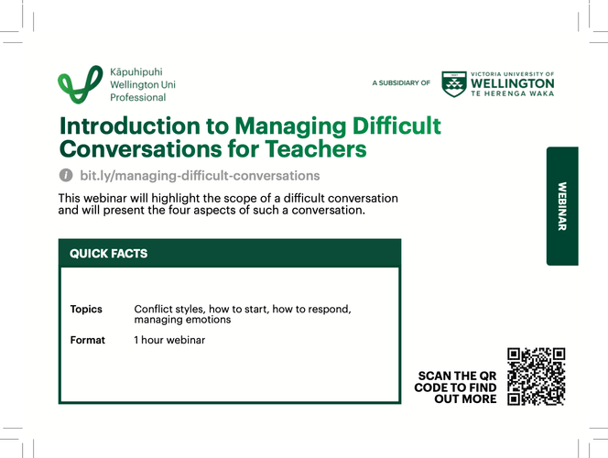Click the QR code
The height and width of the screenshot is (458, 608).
point(536,376)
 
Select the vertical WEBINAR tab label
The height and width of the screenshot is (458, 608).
point(562,206)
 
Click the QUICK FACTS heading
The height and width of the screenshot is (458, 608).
point(109,254)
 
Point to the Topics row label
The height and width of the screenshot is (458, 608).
point(86,310)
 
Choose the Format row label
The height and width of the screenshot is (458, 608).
point(88,340)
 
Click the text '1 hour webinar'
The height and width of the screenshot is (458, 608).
point(169,340)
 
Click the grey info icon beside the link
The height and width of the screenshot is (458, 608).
point(66,176)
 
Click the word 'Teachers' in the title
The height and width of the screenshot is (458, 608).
point(314,148)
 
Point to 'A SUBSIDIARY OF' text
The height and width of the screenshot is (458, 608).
point(401,83)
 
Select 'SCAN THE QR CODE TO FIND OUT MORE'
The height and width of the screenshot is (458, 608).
point(456,387)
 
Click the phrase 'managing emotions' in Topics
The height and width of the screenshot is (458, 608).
point(182,321)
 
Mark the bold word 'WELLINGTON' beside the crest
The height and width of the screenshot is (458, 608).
point(512,83)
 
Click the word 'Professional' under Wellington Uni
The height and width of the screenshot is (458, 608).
point(137,97)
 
